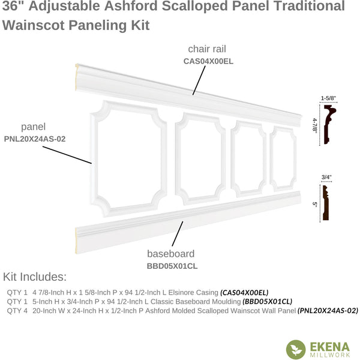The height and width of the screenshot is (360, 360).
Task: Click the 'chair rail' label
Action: click(x=207, y=49)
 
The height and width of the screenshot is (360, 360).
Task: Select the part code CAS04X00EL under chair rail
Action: click(x=208, y=61)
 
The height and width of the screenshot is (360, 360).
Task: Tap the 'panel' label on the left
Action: click(x=33, y=127)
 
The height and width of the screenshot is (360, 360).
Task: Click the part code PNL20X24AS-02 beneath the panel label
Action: click(x=35, y=139)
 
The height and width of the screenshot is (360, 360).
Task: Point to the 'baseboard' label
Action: click(x=171, y=254)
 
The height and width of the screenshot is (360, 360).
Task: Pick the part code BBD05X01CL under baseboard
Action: click(x=172, y=266)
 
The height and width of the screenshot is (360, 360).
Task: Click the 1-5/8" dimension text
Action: click(x=328, y=98)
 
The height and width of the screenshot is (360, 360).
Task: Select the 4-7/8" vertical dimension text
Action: click(x=314, y=125)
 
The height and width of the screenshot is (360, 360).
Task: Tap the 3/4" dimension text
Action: click(x=326, y=177)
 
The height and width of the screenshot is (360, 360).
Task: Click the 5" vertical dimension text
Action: click(x=315, y=204)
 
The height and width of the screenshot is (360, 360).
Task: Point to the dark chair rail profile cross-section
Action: click(x=329, y=124)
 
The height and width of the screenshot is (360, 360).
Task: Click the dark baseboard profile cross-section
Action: click(x=326, y=203)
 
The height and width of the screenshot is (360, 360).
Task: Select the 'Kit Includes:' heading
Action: click(x=35, y=277)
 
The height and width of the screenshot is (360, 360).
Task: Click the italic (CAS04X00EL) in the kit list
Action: click(x=244, y=293)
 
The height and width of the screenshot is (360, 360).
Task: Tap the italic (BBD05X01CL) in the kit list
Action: click(x=267, y=301)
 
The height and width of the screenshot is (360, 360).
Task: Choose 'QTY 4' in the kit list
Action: click(x=17, y=311)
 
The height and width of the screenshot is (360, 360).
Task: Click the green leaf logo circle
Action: click(x=296, y=349)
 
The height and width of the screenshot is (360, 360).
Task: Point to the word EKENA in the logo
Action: click(x=330, y=347)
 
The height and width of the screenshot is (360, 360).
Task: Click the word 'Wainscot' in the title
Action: click(x=33, y=25)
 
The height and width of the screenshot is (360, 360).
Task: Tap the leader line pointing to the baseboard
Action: click(x=178, y=234)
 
